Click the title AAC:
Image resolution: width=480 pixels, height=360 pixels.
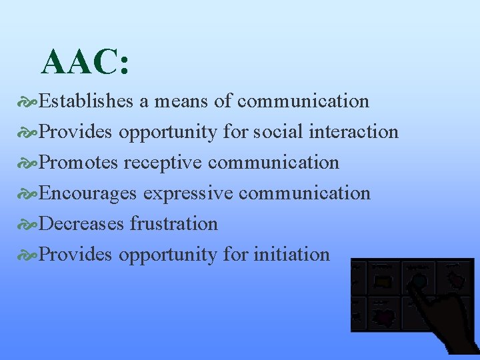(85, 63)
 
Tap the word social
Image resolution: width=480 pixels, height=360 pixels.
(279, 132)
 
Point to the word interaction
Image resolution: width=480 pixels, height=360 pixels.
(354, 132)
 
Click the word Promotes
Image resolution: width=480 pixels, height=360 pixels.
(79, 163)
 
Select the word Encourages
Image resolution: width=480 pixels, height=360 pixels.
(88, 193)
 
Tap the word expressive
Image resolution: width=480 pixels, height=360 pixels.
(188, 193)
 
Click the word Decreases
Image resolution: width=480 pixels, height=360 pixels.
(81, 224)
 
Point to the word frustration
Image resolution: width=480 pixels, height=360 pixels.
(173, 224)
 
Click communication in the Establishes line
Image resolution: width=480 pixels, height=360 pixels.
(303, 101)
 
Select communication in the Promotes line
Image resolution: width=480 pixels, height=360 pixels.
(273, 163)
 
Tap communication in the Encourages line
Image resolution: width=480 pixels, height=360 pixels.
(304, 193)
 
